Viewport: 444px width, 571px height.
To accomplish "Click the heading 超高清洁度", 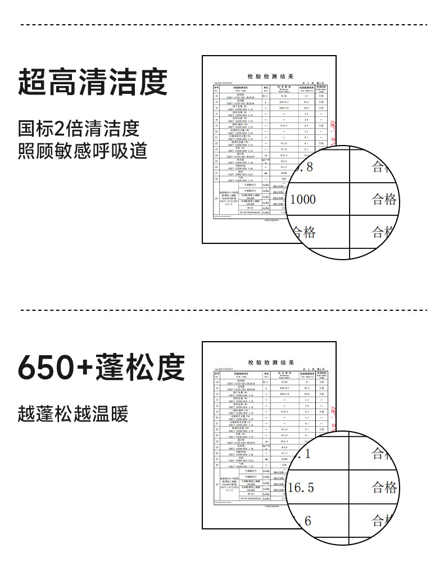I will (x=93, y=82).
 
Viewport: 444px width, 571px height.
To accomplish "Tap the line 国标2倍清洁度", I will (x=78, y=128).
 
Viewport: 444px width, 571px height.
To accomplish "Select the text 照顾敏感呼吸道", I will (x=82, y=151).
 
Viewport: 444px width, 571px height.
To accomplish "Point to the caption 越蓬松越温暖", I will (x=73, y=414).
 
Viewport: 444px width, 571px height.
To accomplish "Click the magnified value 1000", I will (x=303, y=200).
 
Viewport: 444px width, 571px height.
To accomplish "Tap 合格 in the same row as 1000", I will (x=384, y=200).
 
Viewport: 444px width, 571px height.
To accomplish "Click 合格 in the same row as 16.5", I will (x=384, y=487).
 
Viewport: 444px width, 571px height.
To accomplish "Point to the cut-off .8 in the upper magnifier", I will (x=303, y=167).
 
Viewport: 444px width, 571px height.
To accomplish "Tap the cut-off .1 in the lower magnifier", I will (x=303, y=454).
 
